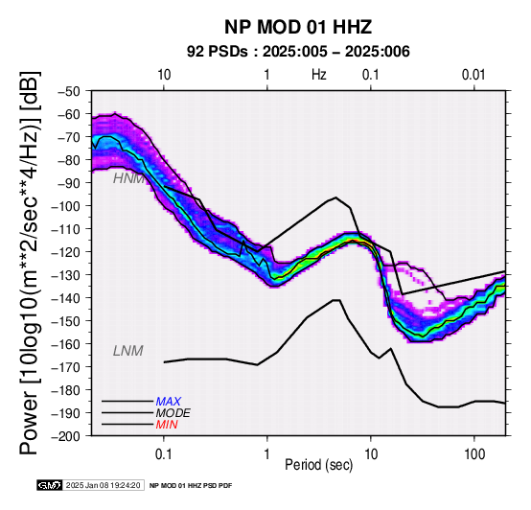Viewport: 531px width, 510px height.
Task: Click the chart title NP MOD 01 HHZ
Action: (298, 27)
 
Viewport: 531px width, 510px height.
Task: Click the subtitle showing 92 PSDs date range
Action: (298, 52)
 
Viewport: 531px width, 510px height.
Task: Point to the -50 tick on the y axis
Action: (69, 91)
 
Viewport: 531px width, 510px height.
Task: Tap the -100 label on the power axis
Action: (66, 206)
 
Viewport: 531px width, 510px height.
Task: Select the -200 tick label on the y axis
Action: (66, 436)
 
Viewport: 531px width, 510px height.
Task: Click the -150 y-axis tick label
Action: (66, 321)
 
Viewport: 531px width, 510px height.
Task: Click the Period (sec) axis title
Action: (318, 465)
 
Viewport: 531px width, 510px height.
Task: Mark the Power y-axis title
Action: (30, 263)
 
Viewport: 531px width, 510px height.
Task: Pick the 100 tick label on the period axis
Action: (474, 454)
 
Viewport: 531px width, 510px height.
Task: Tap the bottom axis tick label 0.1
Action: (164, 454)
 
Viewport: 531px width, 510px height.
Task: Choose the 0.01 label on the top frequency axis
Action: (473, 75)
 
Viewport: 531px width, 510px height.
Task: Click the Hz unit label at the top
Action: (318, 75)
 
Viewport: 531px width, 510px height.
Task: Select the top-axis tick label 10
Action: (164, 75)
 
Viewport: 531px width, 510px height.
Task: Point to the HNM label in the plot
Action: (128, 178)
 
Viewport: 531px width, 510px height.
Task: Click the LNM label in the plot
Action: (128, 351)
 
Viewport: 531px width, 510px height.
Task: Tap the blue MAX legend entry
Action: (169, 402)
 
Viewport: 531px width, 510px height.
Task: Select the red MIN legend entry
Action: (167, 425)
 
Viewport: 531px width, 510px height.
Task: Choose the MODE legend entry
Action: (173, 413)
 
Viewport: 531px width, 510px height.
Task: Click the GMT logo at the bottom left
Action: (50, 485)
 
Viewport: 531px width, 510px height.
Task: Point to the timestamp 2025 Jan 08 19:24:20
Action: (103, 485)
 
